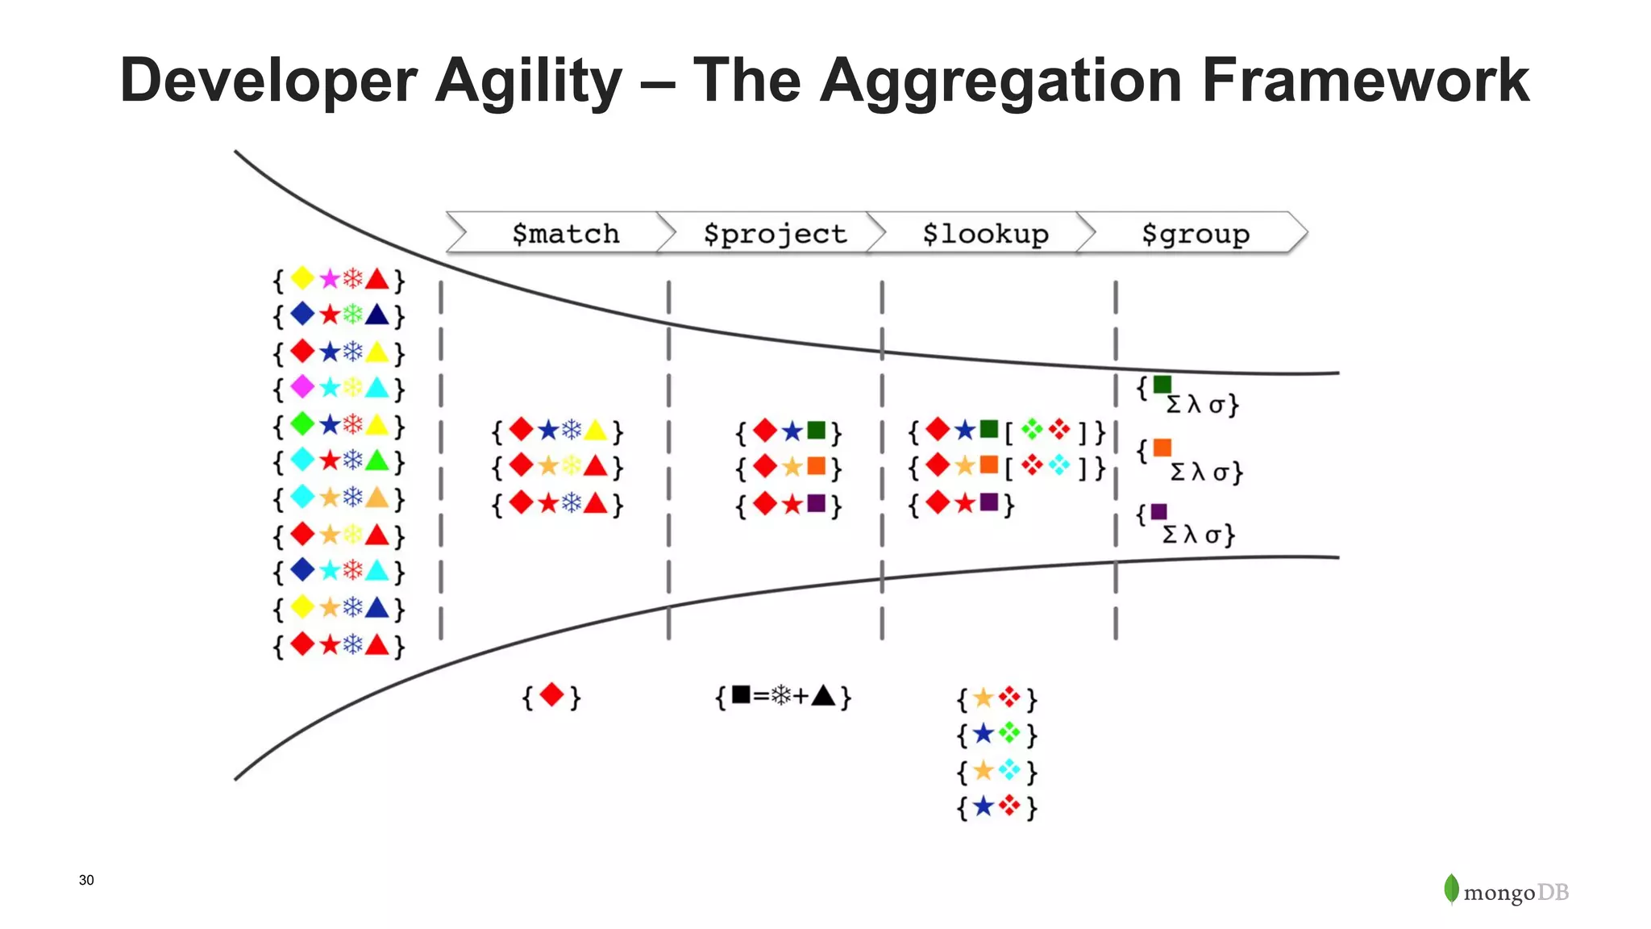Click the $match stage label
click(566, 234)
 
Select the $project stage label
click(775, 234)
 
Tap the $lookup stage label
click(985, 234)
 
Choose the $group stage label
click(1196, 234)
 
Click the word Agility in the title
click(528, 81)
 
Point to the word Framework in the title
click(1365, 81)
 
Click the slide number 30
click(86, 880)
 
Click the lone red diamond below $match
click(552, 694)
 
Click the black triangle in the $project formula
click(824, 695)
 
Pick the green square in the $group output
click(1162, 385)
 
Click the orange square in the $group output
click(1162, 448)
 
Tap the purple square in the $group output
click(1158, 511)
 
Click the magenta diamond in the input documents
click(302, 386)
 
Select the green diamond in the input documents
click(302, 423)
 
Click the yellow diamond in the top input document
click(302, 278)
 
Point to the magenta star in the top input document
click(329, 279)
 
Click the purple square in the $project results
click(816, 503)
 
